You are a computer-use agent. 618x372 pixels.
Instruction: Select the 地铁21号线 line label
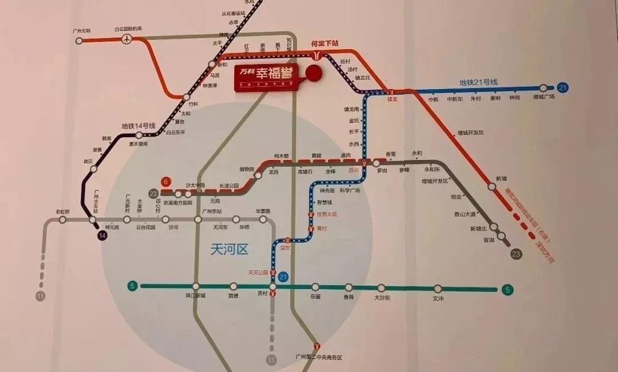point(478,82)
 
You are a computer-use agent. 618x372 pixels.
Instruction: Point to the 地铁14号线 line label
point(138,126)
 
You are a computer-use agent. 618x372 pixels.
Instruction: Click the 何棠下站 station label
point(324,43)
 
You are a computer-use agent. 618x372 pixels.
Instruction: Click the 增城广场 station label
point(544,97)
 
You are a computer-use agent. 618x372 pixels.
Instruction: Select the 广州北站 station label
point(82,30)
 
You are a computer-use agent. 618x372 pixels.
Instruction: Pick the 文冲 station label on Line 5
point(438,298)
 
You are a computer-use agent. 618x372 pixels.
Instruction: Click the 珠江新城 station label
point(195,295)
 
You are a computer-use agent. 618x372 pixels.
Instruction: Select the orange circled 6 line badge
point(167,181)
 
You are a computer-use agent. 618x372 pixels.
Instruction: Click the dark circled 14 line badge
point(102,235)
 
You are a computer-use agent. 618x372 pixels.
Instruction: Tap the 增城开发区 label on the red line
point(470,133)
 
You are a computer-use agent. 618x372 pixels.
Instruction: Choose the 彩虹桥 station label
point(62,212)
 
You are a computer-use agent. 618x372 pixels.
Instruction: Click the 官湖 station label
point(488,241)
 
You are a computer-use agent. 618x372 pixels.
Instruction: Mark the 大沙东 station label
point(382,298)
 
